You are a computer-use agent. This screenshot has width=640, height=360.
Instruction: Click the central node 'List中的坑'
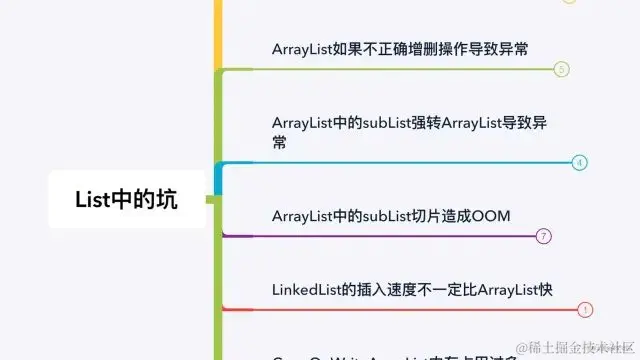pyautogui.click(x=126, y=199)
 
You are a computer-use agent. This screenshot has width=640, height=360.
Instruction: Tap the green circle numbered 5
pyautogui.click(x=561, y=69)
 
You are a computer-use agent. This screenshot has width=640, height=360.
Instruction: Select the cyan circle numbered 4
pyautogui.click(x=579, y=162)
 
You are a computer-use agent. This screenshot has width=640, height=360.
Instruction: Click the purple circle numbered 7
pyautogui.click(x=544, y=236)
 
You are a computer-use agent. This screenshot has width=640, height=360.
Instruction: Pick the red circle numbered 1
pyautogui.click(x=586, y=309)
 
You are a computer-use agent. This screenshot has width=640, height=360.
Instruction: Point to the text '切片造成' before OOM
pyautogui.click(x=439, y=215)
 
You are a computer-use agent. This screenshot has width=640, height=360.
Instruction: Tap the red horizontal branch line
pyautogui.click(x=400, y=309)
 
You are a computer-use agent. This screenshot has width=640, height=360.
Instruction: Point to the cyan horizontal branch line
pyautogui.click(x=400, y=162)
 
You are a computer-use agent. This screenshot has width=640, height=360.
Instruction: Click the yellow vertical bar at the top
pyautogui.click(x=217, y=30)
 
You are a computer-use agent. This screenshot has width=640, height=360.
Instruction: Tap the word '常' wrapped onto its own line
pyautogui.click(x=279, y=143)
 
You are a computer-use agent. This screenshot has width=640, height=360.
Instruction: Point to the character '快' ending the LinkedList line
pyautogui.click(x=545, y=289)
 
